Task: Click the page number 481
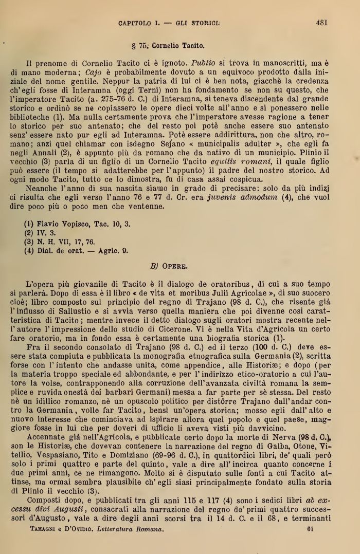322,23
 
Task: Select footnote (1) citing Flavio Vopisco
77,225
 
